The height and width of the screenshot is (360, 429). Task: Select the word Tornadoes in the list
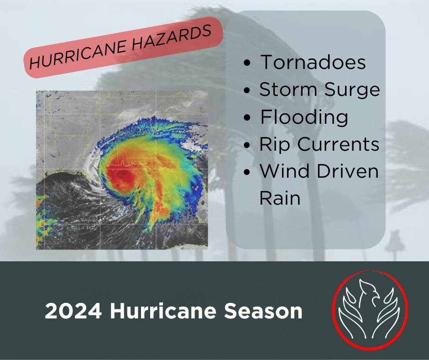point(313,62)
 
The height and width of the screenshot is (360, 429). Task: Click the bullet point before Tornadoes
point(247,63)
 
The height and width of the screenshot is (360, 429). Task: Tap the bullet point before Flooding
point(247,117)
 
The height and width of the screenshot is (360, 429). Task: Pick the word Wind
point(284,171)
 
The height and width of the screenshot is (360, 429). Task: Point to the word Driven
point(347,171)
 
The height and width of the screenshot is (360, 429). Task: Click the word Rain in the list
point(280,198)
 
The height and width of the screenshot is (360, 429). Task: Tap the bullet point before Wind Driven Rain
point(247,172)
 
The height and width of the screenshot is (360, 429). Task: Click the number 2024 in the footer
point(73,311)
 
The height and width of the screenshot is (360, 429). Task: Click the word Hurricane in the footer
point(163,311)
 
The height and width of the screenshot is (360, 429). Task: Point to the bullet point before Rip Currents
point(247,145)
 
